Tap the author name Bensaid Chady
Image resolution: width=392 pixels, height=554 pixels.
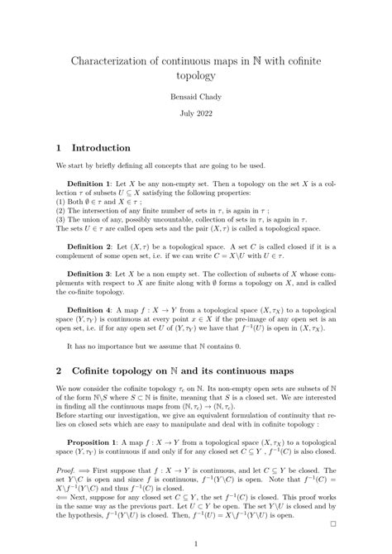(x=195, y=97)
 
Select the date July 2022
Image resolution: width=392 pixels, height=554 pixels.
(x=195, y=116)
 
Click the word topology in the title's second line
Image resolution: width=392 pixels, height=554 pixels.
(x=195, y=75)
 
